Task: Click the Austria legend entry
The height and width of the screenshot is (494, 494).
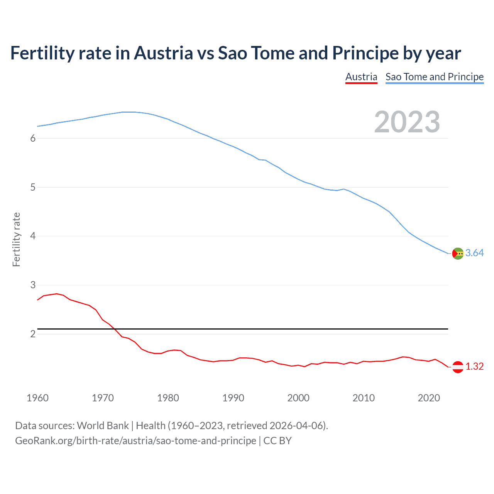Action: click(x=361, y=77)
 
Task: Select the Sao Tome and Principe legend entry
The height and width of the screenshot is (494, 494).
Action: click(x=435, y=77)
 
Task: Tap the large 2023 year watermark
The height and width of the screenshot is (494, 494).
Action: click(x=407, y=122)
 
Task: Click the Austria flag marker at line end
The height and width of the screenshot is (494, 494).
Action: click(x=458, y=367)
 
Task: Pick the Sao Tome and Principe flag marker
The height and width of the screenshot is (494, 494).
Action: click(x=458, y=253)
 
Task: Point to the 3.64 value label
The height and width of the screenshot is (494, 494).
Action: click(x=474, y=253)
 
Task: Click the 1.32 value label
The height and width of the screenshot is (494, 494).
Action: click(x=474, y=366)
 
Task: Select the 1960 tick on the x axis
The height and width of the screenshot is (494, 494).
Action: click(x=37, y=398)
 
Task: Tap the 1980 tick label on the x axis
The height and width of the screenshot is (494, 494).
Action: click(x=168, y=398)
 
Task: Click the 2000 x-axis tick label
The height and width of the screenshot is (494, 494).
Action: click(x=298, y=398)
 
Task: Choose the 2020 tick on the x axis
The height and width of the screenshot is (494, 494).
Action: click(x=429, y=398)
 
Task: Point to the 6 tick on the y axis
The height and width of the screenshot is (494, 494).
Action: click(x=33, y=138)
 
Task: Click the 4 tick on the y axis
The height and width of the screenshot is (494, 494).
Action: click(x=33, y=236)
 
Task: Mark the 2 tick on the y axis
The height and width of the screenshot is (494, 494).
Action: click(x=33, y=334)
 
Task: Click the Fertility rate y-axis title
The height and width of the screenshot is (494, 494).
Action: click(x=16, y=239)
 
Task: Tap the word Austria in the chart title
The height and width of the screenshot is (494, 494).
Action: click(x=163, y=53)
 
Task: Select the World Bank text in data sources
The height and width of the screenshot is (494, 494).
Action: click(x=103, y=426)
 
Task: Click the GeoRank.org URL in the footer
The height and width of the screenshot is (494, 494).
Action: click(x=135, y=441)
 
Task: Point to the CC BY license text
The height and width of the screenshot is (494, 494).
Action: click(x=277, y=441)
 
